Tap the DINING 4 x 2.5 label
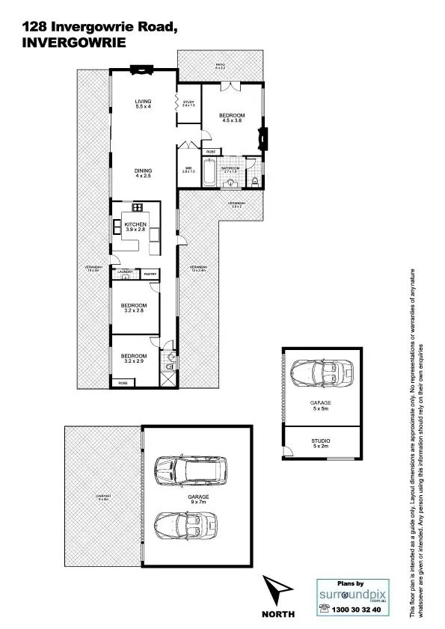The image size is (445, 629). (x=143, y=173)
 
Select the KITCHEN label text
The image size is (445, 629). (x=135, y=227)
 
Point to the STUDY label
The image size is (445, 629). (x=188, y=103)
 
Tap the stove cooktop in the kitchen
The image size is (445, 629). (x=137, y=207)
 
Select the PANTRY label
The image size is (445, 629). (x=150, y=274)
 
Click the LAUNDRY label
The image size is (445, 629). (x=124, y=271)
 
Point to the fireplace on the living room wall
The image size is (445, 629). (x=139, y=71)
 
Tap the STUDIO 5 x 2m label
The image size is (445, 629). (x=320, y=444)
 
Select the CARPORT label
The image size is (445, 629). (x=102, y=497)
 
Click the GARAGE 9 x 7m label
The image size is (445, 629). (x=198, y=500)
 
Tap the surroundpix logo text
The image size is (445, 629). (x=351, y=594)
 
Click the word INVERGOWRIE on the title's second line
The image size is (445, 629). (x=74, y=43)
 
